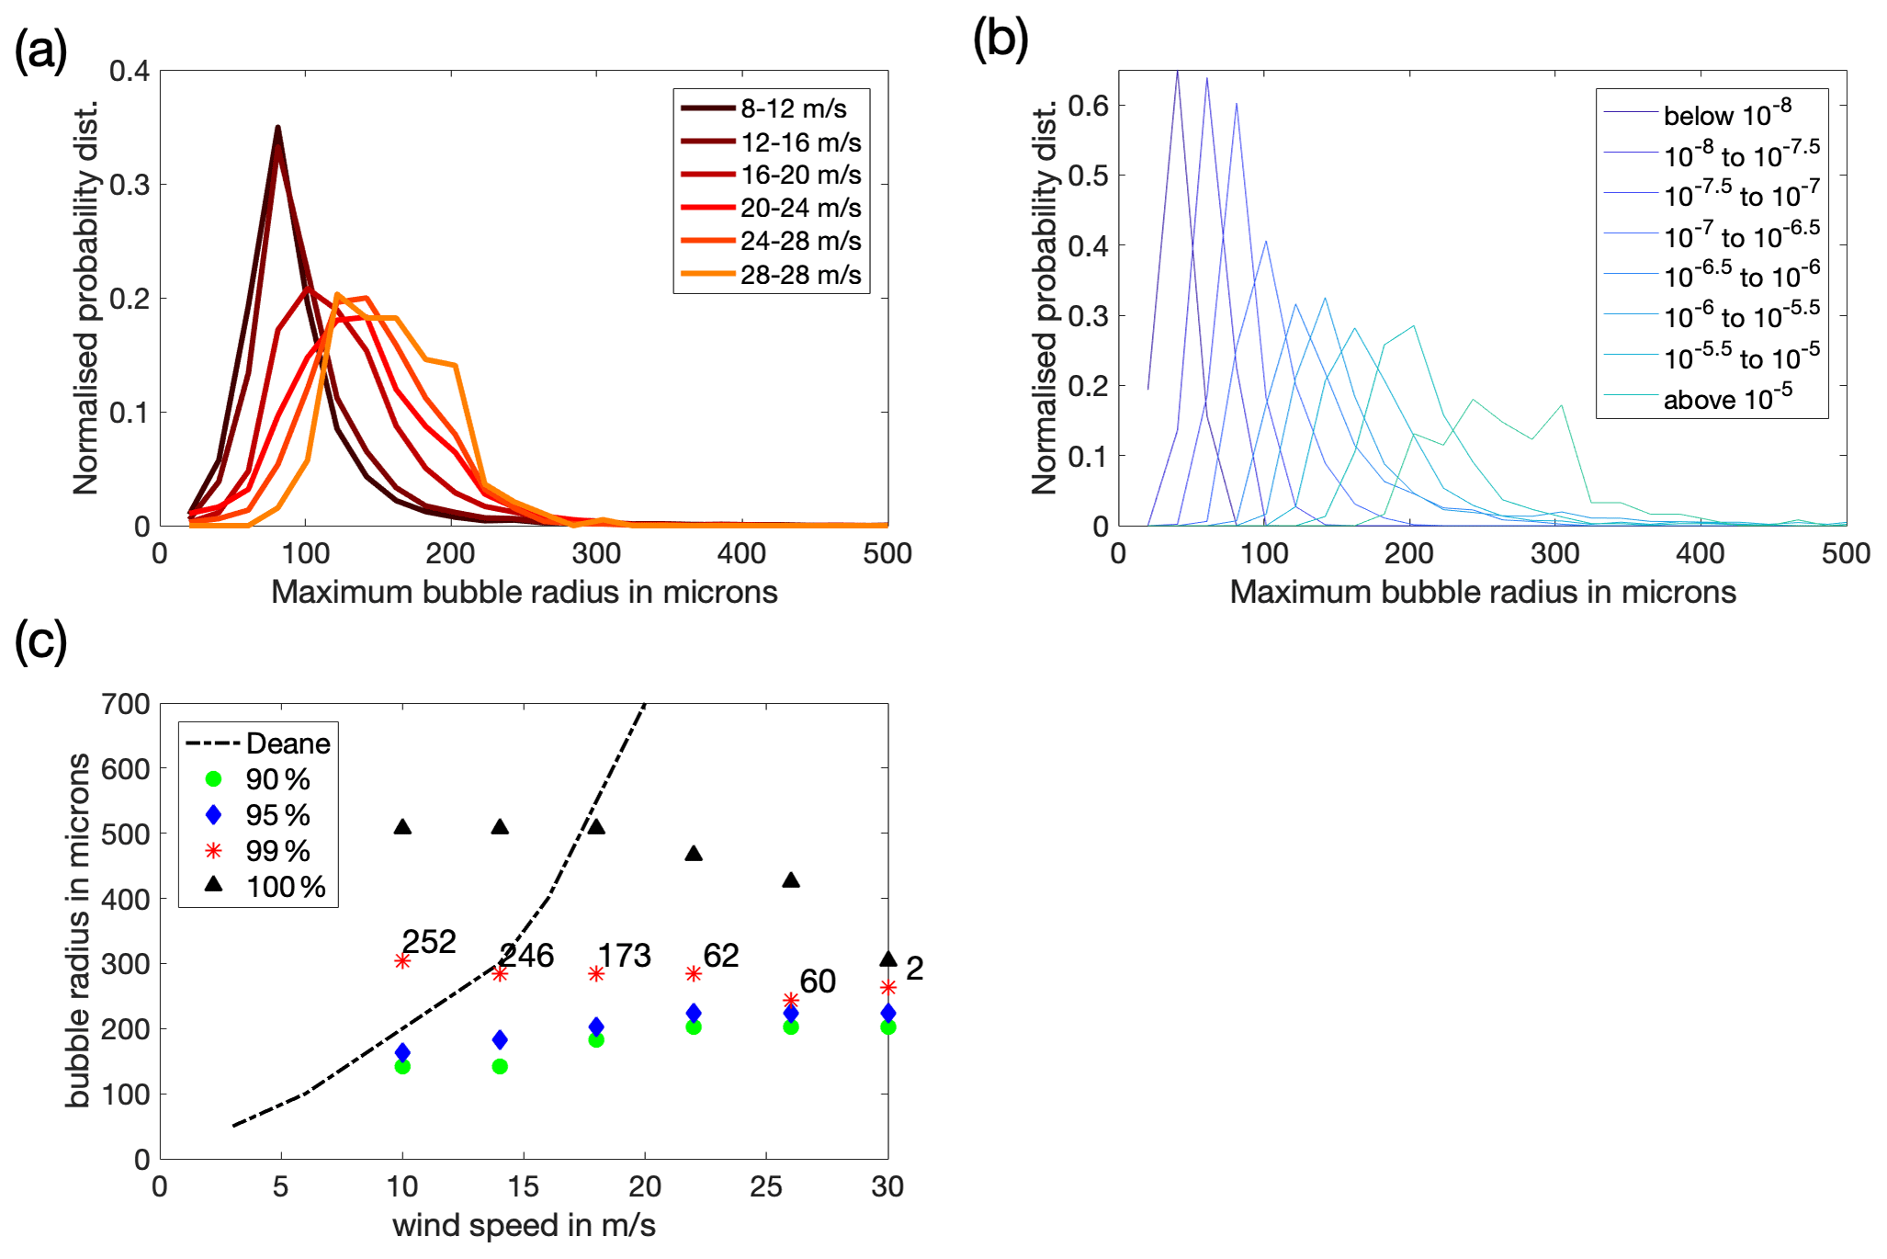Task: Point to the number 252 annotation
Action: (x=429, y=942)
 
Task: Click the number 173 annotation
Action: (x=624, y=956)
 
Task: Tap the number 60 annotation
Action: (x=818, y=981)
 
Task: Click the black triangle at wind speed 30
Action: (x=887, y=959)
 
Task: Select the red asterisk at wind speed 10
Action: (x=402, y=961)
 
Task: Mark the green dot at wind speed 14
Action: (x=500, y=1067)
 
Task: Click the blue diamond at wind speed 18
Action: (x=596, y=1026)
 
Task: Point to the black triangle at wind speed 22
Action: (x=694, y=854)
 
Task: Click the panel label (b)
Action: (x=1000, y=40)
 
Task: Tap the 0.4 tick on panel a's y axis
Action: (x=130, y=71)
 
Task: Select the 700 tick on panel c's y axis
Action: (x=125, y=705)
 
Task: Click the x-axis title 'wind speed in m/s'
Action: (x=524, y=1226)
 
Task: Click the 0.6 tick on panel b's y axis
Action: (x=1088, y=106)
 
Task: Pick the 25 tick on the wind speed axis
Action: (x=766, y=1187)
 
